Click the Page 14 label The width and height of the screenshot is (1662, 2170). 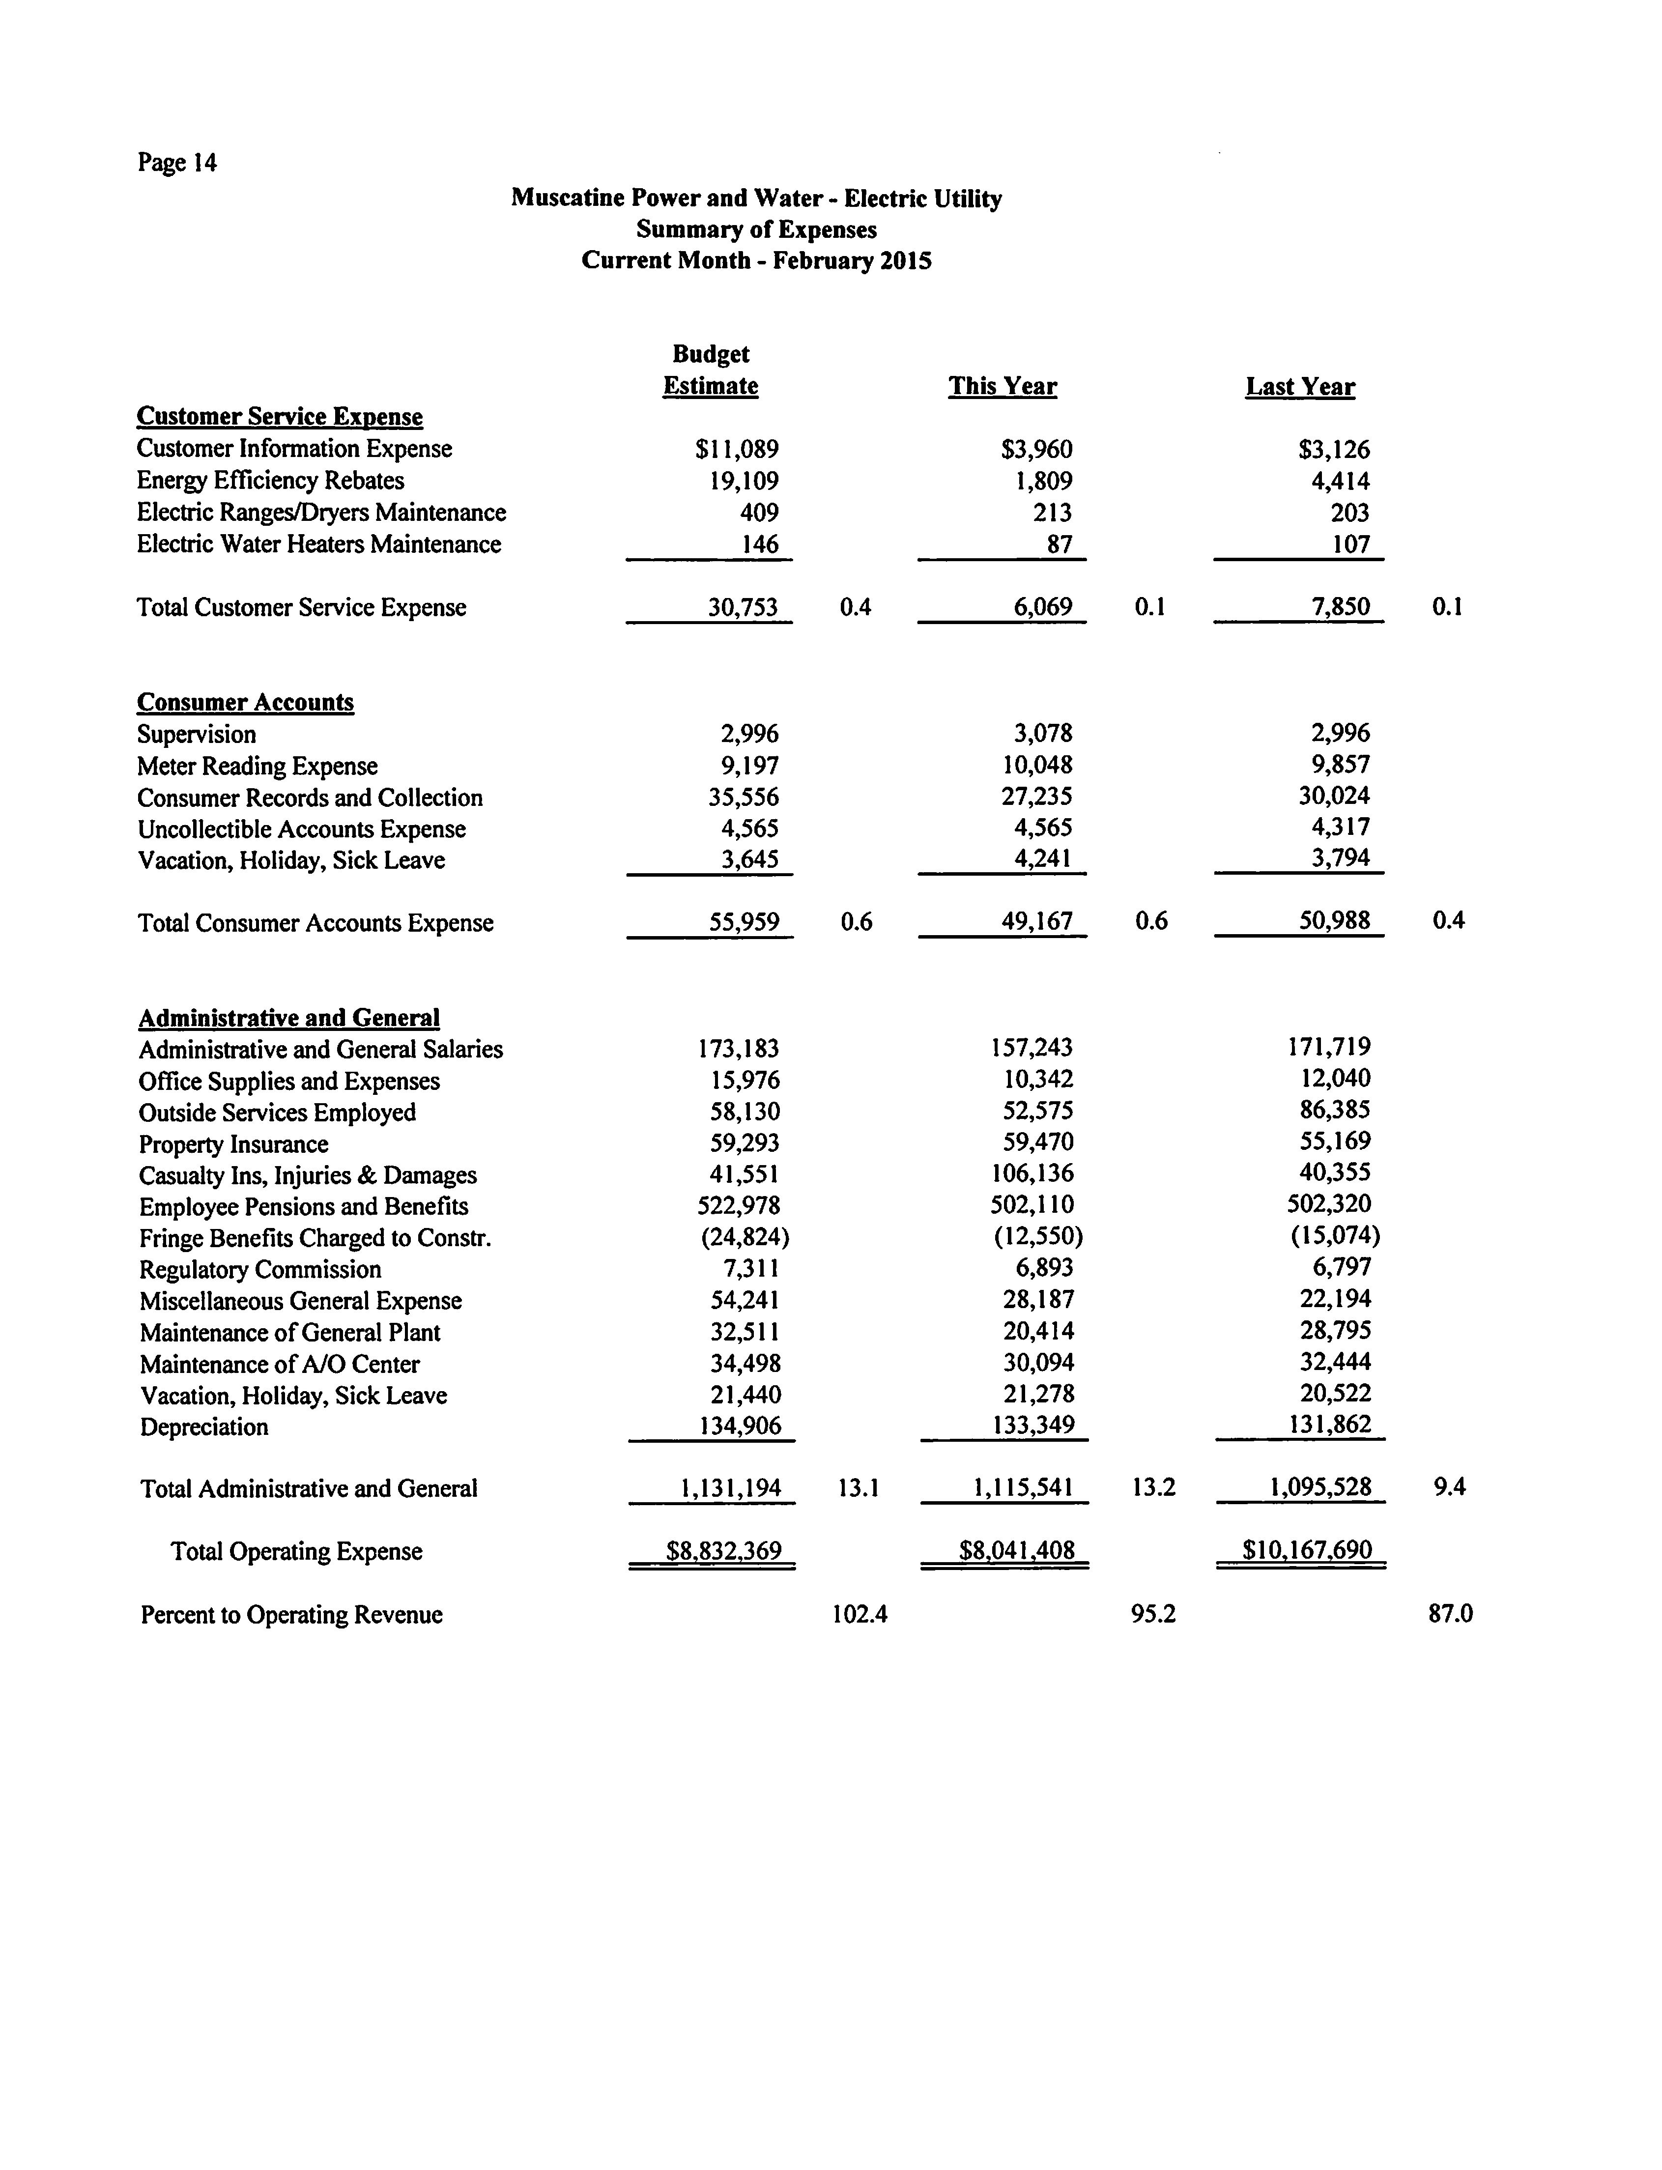point(177,162)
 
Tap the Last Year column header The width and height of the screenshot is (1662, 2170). point(1300,387)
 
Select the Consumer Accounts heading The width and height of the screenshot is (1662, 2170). point(245,702)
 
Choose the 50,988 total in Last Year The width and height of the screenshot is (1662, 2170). point(1334,921)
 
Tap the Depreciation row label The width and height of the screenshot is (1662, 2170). point(204,1427)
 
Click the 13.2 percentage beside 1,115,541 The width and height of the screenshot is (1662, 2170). point(1153,1487)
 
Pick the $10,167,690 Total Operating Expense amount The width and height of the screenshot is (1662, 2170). point(1307,1550)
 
